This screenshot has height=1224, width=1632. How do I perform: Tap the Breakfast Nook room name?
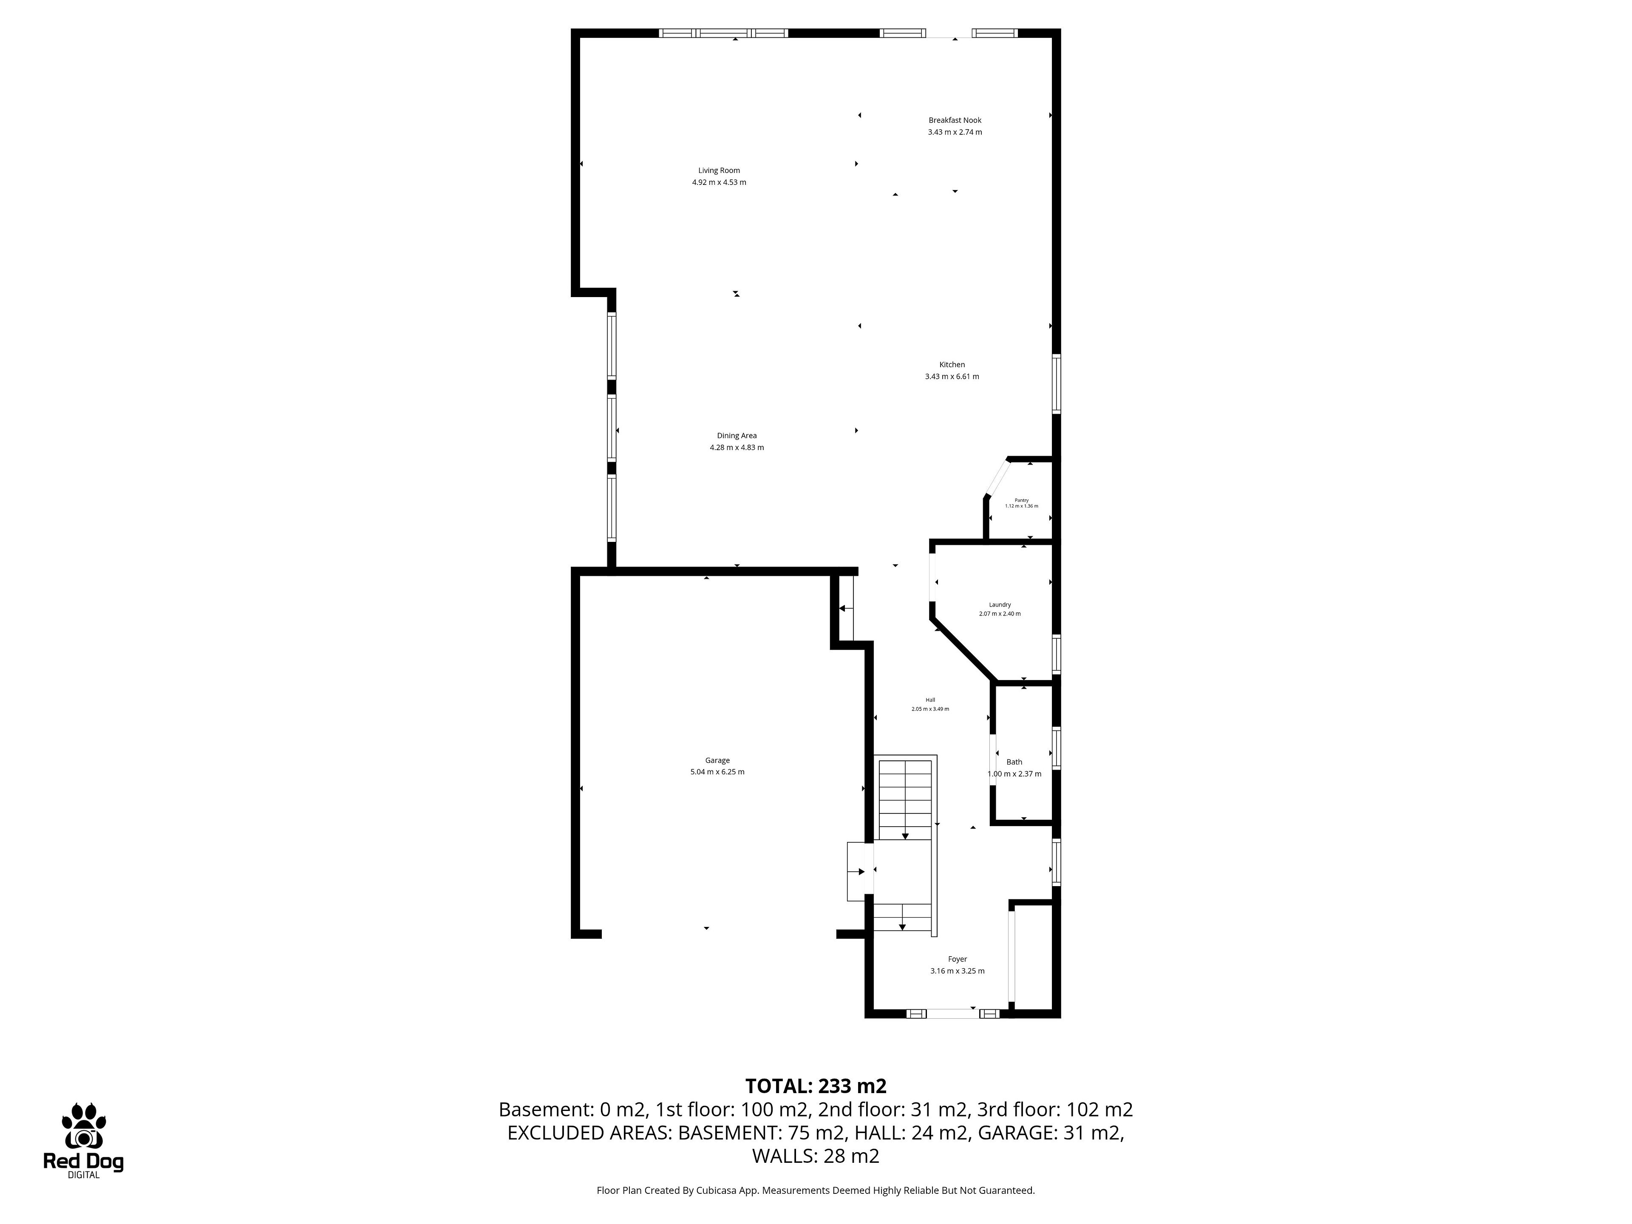(x=955, y=120)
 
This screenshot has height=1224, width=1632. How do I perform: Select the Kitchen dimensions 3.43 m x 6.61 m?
(x=952, y=376)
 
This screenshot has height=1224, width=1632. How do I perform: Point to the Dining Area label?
(x=737, y=435)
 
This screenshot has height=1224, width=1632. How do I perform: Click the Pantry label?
(x=1021, y=500)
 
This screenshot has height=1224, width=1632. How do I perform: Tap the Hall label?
(x=930, y=700)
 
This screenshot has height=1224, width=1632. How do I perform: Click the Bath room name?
(x=1014, y=762)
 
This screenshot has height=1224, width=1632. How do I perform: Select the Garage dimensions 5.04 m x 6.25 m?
(x=717, y=772)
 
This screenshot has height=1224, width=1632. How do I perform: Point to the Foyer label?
(x=957, y=959)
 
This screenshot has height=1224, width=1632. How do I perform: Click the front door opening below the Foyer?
(x=953, y=1014)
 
